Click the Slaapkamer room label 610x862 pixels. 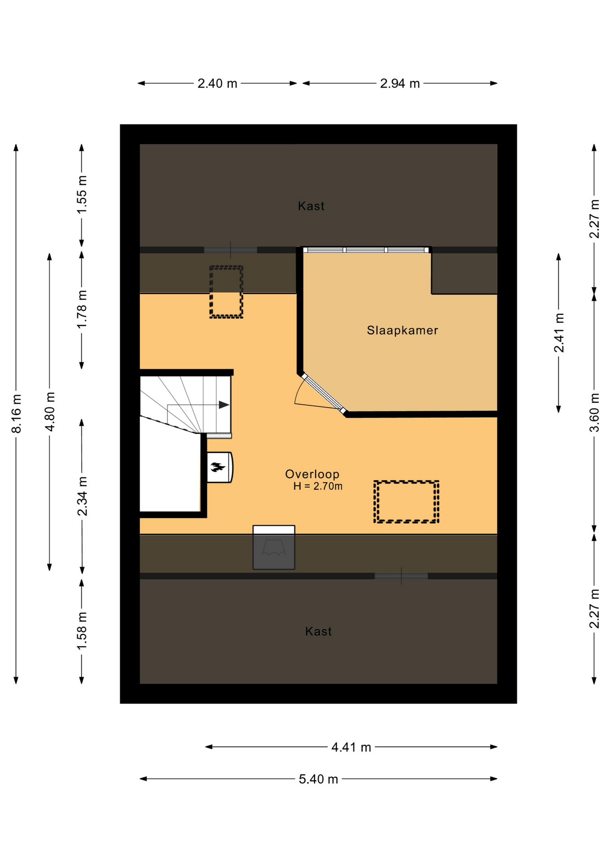[402, 330]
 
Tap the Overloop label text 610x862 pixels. [312, 474]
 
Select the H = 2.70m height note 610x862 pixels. [318, 486]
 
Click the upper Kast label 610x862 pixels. [311, 206]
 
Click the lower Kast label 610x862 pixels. [318, 632]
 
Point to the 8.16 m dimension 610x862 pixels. [16, 414]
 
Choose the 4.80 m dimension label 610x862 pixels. [50, 412]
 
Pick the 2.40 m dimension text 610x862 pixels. [217, 84]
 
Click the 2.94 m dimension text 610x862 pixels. [400, 84]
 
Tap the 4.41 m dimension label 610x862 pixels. [351, 747]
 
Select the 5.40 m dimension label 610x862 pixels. [318, 779]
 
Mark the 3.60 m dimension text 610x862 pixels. [594, 413]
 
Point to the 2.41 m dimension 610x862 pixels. [559, 333]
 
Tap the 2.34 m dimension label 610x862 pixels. [82, 497]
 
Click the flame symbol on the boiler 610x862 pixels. [218, 467]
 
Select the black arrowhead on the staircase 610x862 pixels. [224, 405]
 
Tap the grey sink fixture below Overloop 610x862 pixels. [274, 548]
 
